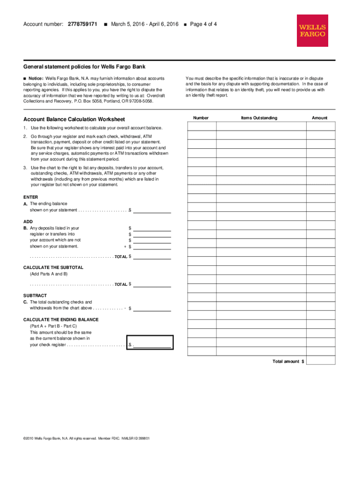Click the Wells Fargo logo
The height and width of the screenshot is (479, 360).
click(x=312, y=30)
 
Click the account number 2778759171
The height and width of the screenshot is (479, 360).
click(x=82, y=24)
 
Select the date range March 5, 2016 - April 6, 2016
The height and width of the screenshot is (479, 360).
click(x=145, y=24)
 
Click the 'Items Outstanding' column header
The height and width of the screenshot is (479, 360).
click(x=259, y=118)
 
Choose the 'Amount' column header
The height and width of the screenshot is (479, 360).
click(x=320, y=118)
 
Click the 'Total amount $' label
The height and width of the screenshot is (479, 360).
click(x=288, y=362)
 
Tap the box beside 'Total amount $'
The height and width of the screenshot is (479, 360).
click(x=321, y=361)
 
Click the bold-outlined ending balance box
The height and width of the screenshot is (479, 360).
click(x=150, y=342)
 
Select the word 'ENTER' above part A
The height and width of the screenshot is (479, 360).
click(x=31, y=197)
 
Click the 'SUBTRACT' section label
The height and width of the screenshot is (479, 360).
click(x=35, y=296)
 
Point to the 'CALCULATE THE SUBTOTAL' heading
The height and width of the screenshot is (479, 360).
click(x=53, y=267)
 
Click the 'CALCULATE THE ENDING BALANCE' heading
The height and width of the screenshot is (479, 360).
click(x=61, y=319)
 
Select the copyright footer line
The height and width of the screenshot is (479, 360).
click(x=86, y=438)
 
